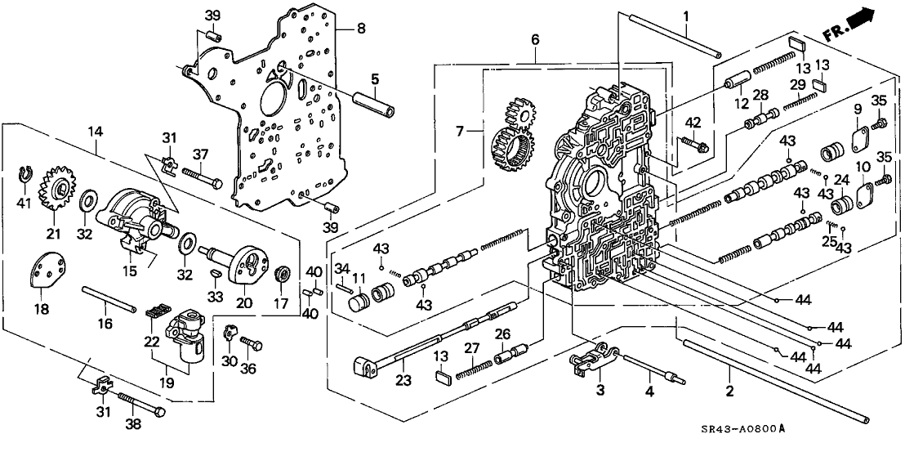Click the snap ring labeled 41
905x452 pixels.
tap(25, 173)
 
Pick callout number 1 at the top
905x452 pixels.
tap(686, 16)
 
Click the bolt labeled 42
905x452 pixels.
tap(698, 145)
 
